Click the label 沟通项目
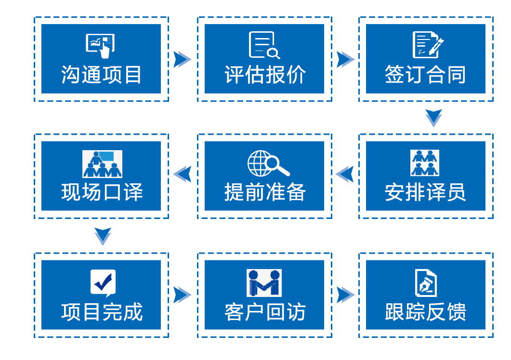click(101, 75)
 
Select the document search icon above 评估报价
click(264, 45)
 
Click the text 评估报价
click(264, 75)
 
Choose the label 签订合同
click(425, 75)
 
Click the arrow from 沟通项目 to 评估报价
click(182, 59)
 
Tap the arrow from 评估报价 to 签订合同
click(345, 59)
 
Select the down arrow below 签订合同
click(433, 117)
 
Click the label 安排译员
click(425, 193)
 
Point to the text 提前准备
click(264, 193)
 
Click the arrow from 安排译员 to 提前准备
click(345, 173)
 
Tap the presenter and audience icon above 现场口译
click(102, 164)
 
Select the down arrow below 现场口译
click(103, 235)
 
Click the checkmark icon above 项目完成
click(103, 283)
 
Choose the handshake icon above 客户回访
click(264, 283)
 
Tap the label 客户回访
click(264, 312)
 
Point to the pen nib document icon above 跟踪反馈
click(426, 283)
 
